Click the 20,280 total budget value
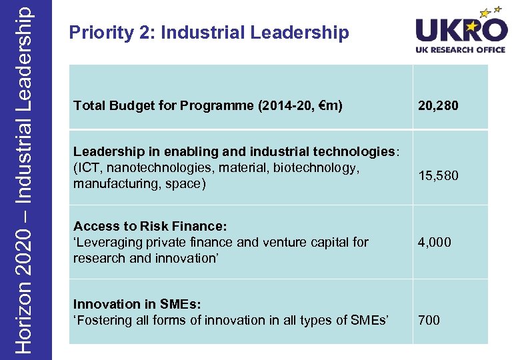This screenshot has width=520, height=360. (438, 105)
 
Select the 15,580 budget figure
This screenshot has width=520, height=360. (438, 176)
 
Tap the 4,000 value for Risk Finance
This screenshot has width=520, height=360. (434, 243)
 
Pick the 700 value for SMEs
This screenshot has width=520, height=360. (429, 321)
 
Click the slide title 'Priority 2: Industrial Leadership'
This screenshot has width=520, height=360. (209, 33)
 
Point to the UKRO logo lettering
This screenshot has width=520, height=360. (461, 31)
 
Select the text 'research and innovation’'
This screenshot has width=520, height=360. (145, 259)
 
